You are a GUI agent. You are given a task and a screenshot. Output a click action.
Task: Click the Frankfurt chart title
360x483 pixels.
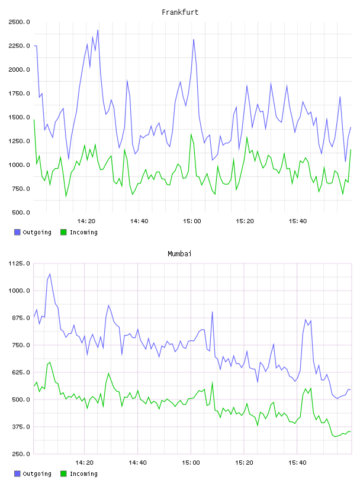(180, 12)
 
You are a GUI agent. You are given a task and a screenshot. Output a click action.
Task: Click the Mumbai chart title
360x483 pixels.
(179, 254)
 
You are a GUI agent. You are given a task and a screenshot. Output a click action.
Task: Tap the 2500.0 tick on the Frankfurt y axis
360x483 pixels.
(19, 22)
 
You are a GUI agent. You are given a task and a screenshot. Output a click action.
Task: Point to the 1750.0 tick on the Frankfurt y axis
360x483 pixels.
(19, 94)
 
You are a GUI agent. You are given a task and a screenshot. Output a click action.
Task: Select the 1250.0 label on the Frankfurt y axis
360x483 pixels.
(19, 141)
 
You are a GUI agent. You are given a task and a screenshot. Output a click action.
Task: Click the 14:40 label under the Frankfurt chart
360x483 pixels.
(139, 221)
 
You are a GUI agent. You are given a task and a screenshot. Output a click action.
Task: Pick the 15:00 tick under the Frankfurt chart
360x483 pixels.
(192, 221)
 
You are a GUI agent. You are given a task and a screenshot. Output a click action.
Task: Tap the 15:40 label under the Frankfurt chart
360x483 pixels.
(298, 221)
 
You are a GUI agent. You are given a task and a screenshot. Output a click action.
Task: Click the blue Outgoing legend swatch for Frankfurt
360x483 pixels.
(17, 232)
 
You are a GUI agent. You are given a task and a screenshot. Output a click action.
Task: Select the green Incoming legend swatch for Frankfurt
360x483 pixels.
(63, 232)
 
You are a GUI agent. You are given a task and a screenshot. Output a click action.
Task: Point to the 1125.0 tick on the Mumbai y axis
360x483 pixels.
(19, 263)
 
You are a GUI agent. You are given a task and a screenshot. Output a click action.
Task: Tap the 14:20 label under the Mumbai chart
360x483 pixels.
(85, 462)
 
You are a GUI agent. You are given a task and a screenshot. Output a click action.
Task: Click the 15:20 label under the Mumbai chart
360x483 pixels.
(244, 462)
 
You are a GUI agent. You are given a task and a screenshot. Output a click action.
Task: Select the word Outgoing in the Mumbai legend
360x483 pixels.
(37, 474)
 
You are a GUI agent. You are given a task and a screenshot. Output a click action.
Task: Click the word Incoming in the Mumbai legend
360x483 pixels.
(83, 474)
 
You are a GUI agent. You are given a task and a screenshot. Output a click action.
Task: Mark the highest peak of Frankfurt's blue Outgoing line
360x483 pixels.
(98, 30)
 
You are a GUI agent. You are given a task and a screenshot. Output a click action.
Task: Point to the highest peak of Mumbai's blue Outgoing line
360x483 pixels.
(50, 273)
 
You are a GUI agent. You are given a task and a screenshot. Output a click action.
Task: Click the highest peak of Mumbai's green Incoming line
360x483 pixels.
(50, 362)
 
